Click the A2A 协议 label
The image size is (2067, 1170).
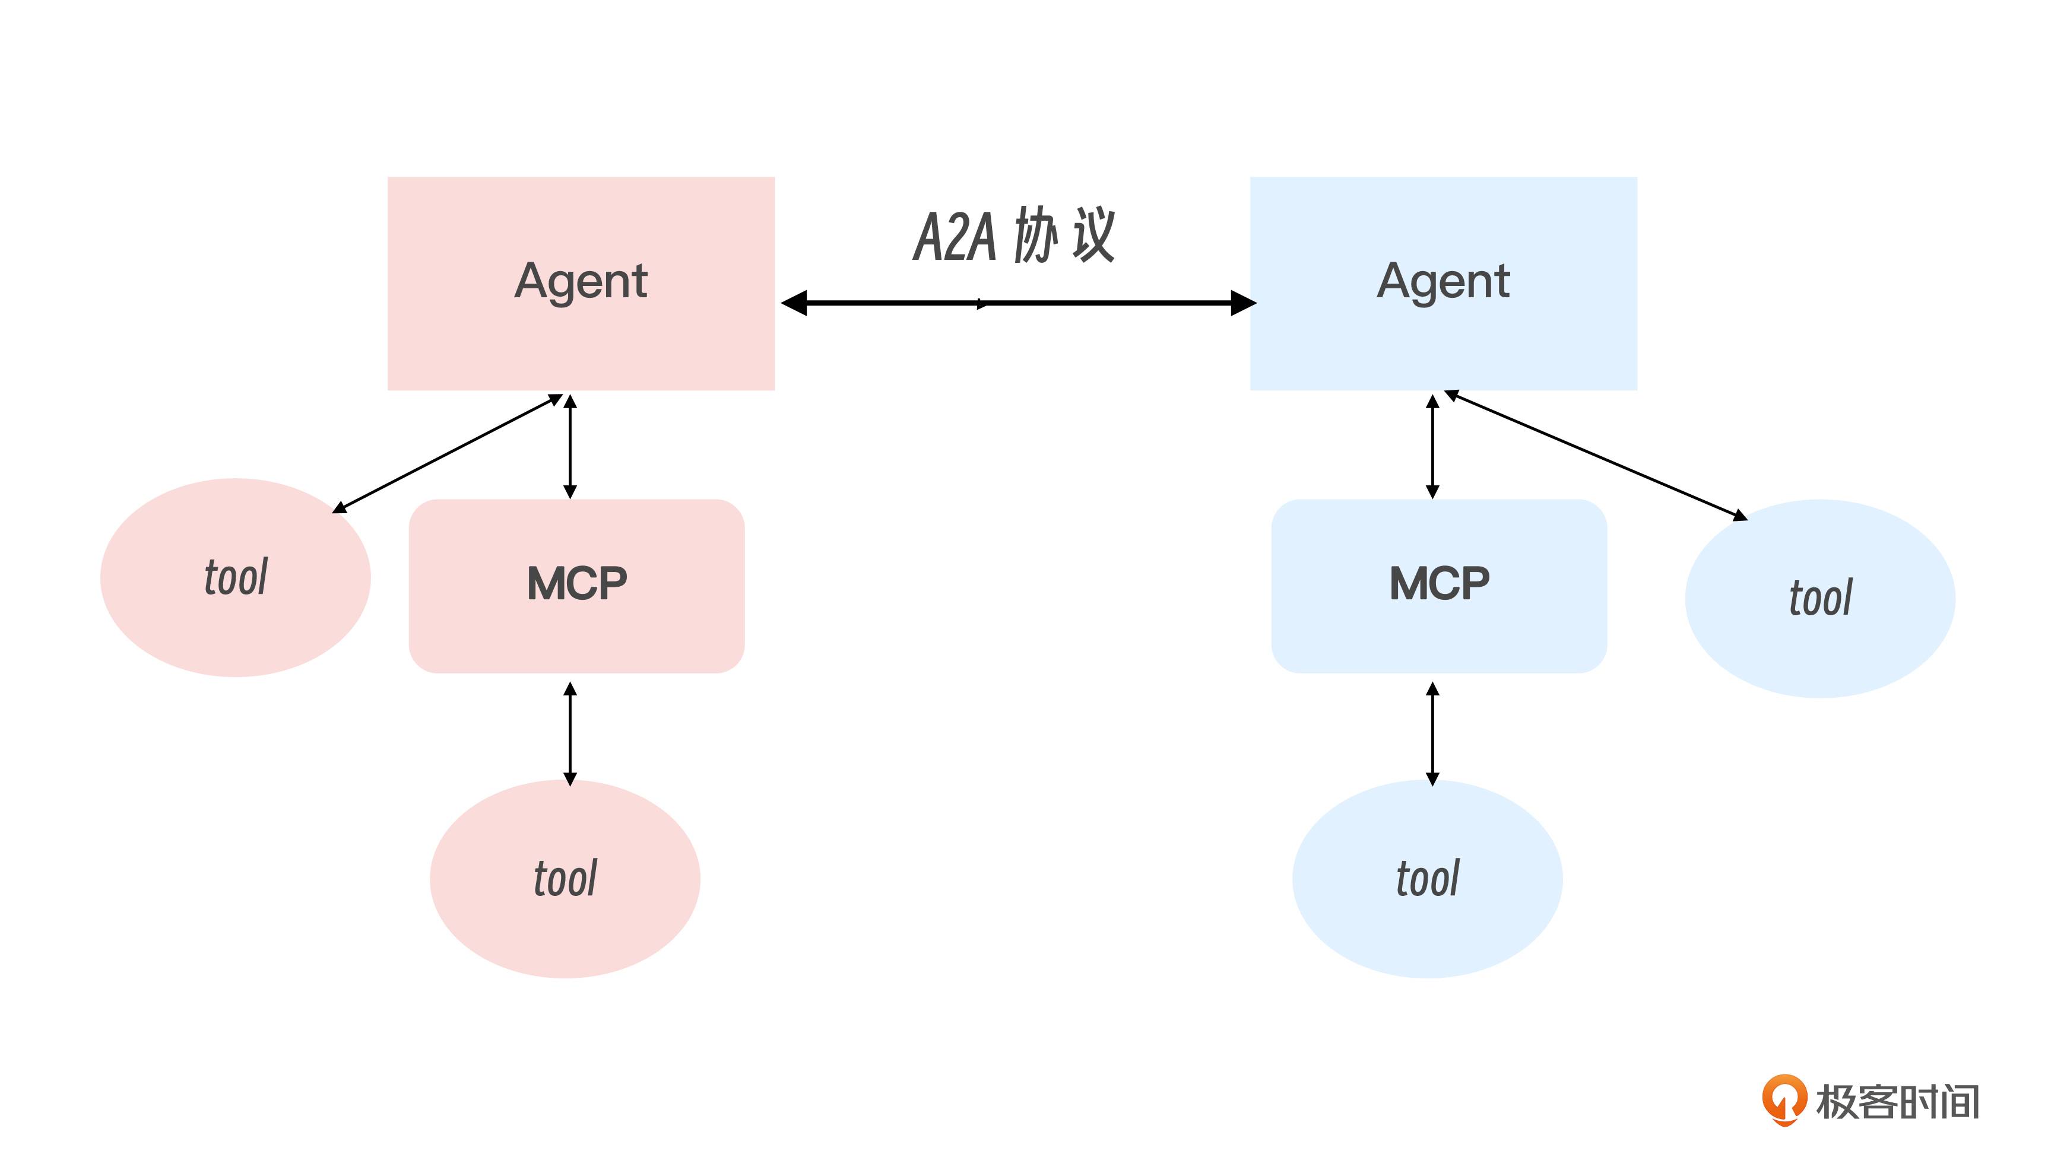(1014, 236)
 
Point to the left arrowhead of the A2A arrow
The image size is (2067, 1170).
(794, 303)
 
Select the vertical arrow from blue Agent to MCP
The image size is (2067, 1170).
(1432, 446)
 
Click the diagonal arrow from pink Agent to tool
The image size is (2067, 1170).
(447, 453)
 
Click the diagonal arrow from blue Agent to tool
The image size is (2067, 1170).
(1596, 456)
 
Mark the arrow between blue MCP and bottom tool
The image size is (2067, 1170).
(1432, 733)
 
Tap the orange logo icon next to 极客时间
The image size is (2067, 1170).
(1784, 1100)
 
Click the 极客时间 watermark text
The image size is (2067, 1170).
(1897, 1102)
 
